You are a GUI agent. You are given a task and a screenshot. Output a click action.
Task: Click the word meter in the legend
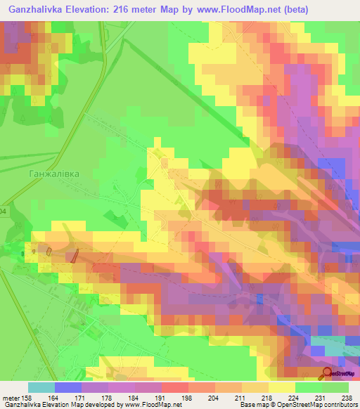point(12,397)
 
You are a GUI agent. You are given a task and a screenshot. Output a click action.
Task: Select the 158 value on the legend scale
point(29,397)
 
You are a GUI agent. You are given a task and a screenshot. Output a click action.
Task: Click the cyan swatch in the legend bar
point(41,387)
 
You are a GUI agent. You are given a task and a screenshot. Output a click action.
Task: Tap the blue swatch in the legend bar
point(68,387)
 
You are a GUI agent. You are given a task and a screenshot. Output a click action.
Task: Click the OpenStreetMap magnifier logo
point(328,374)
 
